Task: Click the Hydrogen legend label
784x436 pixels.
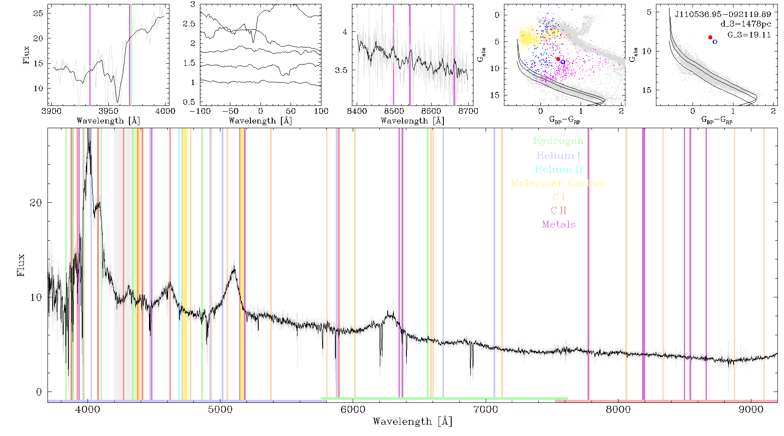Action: [x=558, y=141]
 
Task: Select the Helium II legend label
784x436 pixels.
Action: [x=558, y=169]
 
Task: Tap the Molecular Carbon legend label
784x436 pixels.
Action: [x=558, y=183]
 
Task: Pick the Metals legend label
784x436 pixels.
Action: [x=559, y=225]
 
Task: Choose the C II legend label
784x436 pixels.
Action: [x=559, y=211]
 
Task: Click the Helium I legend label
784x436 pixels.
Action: [x=558, y=155]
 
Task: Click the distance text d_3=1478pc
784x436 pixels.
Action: [x=746, y=24]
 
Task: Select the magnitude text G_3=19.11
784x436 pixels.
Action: [x=749, y=35]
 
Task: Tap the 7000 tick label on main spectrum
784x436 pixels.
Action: [x=486, y=409]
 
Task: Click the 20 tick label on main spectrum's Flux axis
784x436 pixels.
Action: [x=36, y=203]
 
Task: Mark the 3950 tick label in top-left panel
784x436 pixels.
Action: [x=108, y=111]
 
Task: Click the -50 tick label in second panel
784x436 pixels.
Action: [x=230, y=111]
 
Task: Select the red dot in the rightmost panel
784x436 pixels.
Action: [x=710, y=37]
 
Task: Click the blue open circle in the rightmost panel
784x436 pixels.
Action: [x=715, y=42]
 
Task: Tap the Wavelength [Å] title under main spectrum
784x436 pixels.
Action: [x=412, y=422]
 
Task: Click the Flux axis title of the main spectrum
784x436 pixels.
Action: [x=20, y=265]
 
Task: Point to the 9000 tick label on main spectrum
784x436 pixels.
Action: [x=751, y=409]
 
